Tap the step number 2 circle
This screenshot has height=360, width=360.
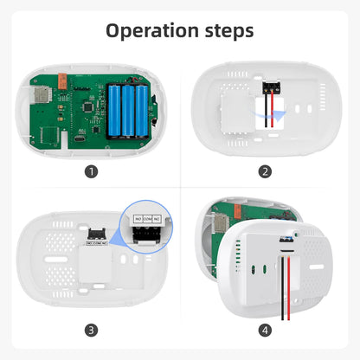pos(265,171)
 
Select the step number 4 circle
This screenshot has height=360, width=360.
pos(265,330)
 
